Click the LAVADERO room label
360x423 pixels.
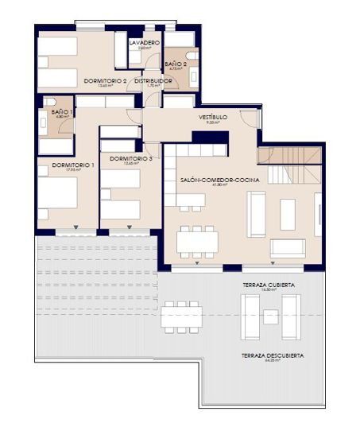click(x=144, y=42)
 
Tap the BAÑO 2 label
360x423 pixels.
click(x=176, y=63)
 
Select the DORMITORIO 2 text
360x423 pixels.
click(x=106, y=80)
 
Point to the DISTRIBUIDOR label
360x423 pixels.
click(x=153, y=80)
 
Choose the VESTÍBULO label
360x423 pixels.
click(x=213, y=117)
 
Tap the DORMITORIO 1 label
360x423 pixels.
click(x=72, y=165)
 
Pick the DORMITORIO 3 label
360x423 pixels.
click(x=130, y=158)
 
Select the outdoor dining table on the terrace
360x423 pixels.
click(x=182, y=316)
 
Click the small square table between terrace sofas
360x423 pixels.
click(x=271, y=316)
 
